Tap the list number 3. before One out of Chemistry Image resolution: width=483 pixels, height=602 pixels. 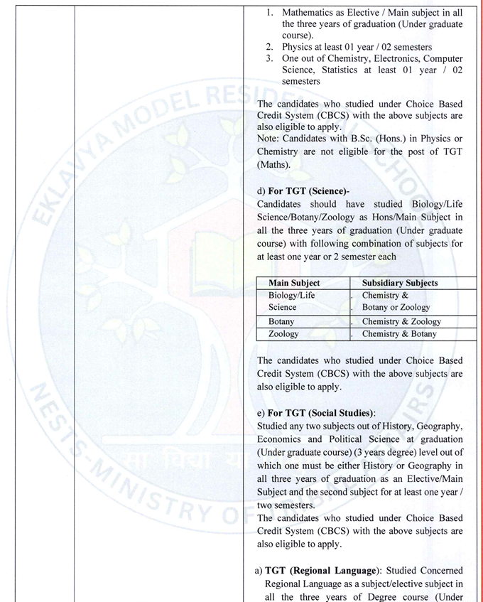[x=270, y=58]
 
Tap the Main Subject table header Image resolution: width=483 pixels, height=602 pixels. [x=294, y=283]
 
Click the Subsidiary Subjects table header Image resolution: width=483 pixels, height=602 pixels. [x=400, y=283]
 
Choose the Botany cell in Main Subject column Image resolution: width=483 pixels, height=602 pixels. [x=281, y=321]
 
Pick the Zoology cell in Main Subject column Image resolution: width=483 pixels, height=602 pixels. [x=283, y=333]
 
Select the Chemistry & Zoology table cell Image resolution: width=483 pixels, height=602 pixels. [x=401, y=321]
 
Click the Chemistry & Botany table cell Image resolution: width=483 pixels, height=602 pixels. [x=399, y=333]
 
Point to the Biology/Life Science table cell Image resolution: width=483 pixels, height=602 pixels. [x=291, y=301]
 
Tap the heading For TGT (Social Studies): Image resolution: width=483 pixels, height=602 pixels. [x=321, y=413]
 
